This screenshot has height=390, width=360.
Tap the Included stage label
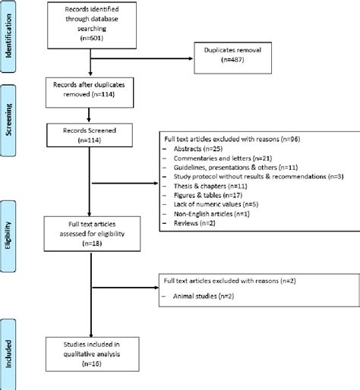point(8,353)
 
